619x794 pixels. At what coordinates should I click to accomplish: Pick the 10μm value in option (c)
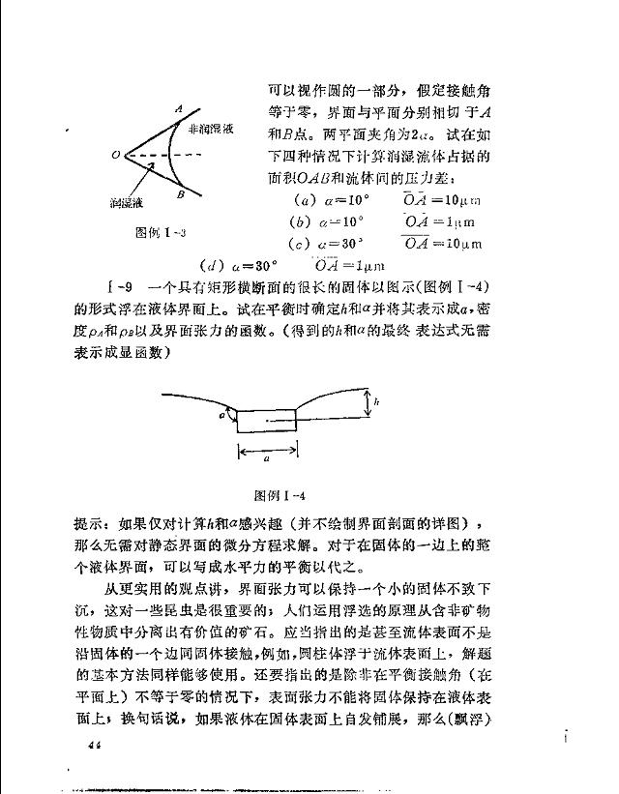point(459,244)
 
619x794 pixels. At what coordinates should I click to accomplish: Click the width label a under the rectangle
point(267,461)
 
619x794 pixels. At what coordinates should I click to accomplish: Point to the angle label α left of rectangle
point(222,415)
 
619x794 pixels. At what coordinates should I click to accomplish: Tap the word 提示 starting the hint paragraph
point(90,523)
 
